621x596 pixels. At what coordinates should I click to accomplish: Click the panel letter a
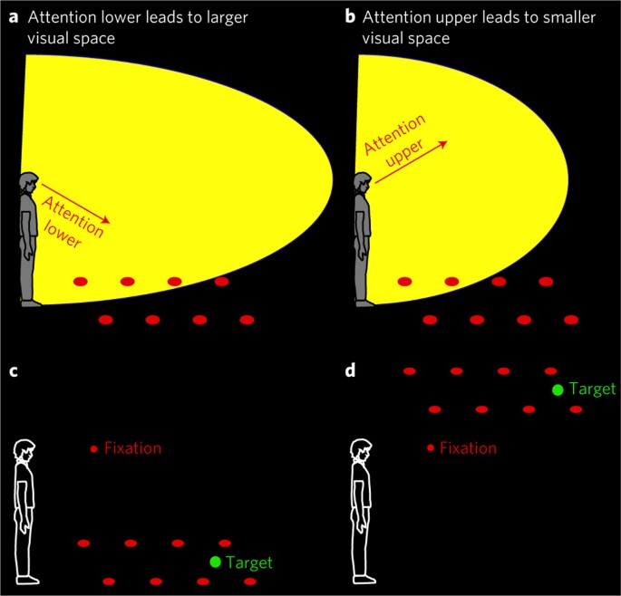pos(13,17)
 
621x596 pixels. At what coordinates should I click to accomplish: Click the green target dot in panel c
pos(215,562)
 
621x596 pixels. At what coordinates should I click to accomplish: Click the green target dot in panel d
pos(558,389)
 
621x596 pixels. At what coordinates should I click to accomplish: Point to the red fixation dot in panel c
pos(93,448)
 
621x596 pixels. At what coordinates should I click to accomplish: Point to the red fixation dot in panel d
pos(429,448)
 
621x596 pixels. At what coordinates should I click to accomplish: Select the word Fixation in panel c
pos(133,447)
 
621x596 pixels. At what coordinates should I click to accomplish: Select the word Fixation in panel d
pos(469,447)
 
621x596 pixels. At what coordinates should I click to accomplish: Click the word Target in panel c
pos(247,562)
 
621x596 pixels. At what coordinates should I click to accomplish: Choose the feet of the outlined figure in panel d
pos(364,578)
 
